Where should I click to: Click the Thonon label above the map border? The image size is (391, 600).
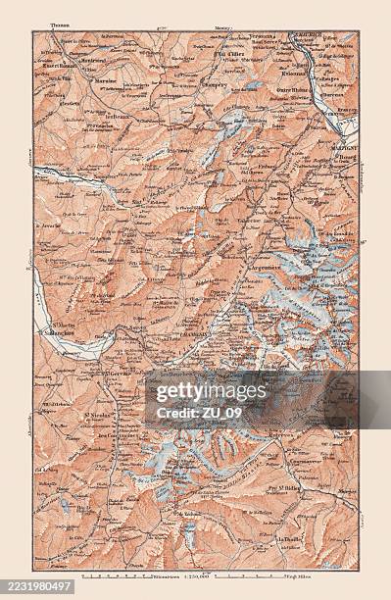click(60, 27)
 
